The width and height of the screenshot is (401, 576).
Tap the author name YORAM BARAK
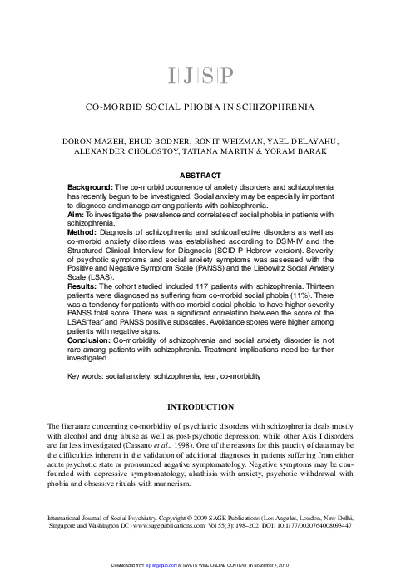[x=304, y=154]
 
